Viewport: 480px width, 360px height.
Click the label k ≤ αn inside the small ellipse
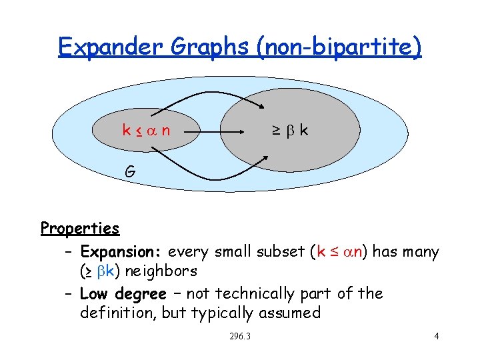145,130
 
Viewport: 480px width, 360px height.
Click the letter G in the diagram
131,171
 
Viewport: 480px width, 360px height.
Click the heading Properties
79,228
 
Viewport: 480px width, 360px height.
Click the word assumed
292,313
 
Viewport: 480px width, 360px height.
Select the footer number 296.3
239,336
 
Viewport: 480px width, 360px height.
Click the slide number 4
436,336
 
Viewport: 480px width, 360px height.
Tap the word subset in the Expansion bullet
280,252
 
